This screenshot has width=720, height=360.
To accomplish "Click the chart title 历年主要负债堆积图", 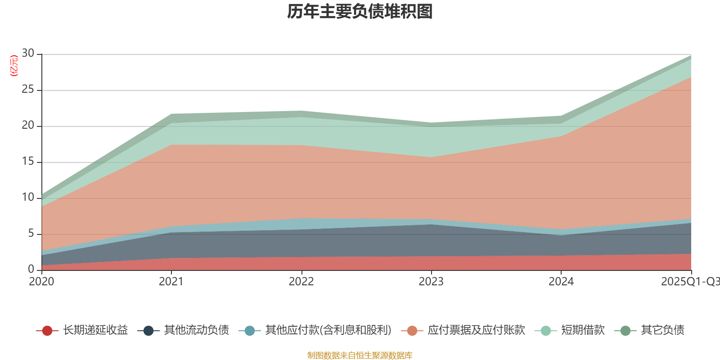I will [x=360, y=12].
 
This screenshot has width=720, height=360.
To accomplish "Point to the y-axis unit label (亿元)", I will [x=14, y=66].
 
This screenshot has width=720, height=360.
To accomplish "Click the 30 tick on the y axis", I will [x=28, y=54].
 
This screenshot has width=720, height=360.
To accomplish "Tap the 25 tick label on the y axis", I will [x=28, y=90].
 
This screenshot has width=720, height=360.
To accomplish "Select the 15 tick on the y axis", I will [x=28, y=162].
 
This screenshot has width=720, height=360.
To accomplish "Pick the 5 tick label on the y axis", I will [x=31, y=234].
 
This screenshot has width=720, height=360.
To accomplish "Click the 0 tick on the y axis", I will [x=31, y=269].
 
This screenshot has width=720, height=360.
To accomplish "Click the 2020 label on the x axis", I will [x=41, y=282].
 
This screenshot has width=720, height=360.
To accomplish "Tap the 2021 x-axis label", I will [x=171, y=282].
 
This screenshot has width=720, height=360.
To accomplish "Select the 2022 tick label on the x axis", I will [x=301, y=282].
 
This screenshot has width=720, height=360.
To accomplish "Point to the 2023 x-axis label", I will [x=431, y=282].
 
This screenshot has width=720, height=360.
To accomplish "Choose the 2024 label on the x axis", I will [x=561, y=282].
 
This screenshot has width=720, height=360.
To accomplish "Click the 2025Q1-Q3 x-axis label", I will [x=689, y=282].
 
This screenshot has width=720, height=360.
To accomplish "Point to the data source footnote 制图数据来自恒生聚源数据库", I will [x=360, y=355].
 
